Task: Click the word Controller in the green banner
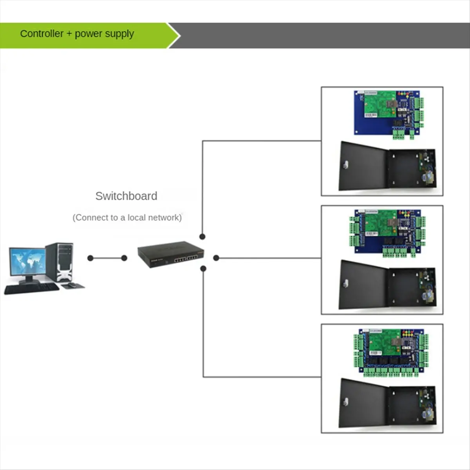click(42, 34)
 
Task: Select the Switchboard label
click(126, 196)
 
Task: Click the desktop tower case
click(60, 262)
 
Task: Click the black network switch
click(170, 255)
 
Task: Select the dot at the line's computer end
click(90, 258)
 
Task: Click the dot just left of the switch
click(124, 258)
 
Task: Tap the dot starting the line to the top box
click(202, 237)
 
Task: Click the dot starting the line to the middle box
click(216, 258)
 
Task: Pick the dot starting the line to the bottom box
click(203, 269)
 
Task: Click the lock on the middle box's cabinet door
click(345, 284)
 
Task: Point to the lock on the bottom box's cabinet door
click(345, 402)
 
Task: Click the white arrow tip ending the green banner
click(179, 36)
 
